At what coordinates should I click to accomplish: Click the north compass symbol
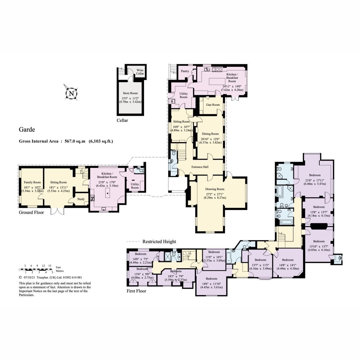tap(71, 93)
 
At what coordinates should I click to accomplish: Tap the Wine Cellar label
tap(140, 72)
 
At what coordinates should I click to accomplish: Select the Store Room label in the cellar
tap(130, 93)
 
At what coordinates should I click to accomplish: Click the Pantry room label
tap(185, 71)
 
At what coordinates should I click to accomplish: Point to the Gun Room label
tap(213, 105)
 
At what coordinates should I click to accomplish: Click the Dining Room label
tap(210, 134)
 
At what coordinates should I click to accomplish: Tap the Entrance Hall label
tap(200, 167)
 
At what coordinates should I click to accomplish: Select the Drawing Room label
tap(215, 189)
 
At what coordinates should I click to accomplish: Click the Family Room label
tap(32, 182)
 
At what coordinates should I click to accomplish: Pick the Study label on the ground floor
tap(81, 199)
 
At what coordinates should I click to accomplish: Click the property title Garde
tap(27, 130)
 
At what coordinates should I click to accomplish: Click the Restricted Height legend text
tap(159, 241)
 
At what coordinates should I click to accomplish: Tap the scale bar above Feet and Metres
tap(39, 269)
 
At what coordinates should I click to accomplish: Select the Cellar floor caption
tap(122, 121)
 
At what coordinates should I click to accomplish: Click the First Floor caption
tap(136, 291)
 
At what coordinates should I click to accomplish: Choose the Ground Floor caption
tap(31, 212)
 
